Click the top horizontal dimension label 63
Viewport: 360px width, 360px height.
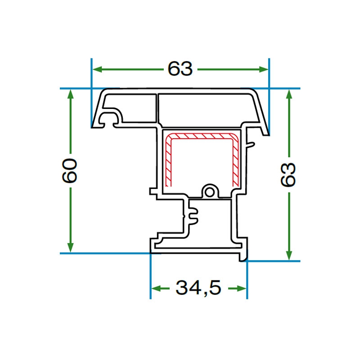pyautogui.click(x=180, y=69)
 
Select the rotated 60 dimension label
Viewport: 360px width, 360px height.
pyautogui.click(x=70, y=171)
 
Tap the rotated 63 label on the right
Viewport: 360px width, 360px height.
pyautogui.click(x=288, y=175)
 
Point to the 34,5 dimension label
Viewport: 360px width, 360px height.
pyautogui.click(x=198, y=288)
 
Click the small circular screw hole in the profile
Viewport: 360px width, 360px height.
pyautogui.click(x=209, y=192)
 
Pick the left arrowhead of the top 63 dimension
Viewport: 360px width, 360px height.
pyautogui.click(x=97, y=69)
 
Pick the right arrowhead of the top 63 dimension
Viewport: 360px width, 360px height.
pyautogui.click(x=264, y=69)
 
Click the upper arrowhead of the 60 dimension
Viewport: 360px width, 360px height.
pyautogui.click(x=71, y=94)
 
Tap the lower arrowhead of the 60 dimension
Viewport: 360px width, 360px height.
pyautogui.click(x=71, y=247)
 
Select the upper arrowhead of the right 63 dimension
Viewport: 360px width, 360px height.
pyautogui.click(x=289, y=94)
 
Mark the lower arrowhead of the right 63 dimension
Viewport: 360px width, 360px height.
pyautogui.click(x=289, y=255)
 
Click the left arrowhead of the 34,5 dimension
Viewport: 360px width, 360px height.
pyautogui.click(x=156, y=288)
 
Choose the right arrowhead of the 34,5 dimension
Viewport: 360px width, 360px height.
pyautogui.click(x=241, y=288)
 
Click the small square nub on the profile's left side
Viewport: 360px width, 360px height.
pyautogui.click(x=153, y=192)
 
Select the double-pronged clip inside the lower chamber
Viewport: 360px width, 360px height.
pyautogui.click(x=193, y=216)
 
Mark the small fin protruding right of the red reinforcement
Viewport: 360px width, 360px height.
pyautogui.click(x=251, y=145)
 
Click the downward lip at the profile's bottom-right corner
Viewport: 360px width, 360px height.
pyautogui.click(x=244, y=256)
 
